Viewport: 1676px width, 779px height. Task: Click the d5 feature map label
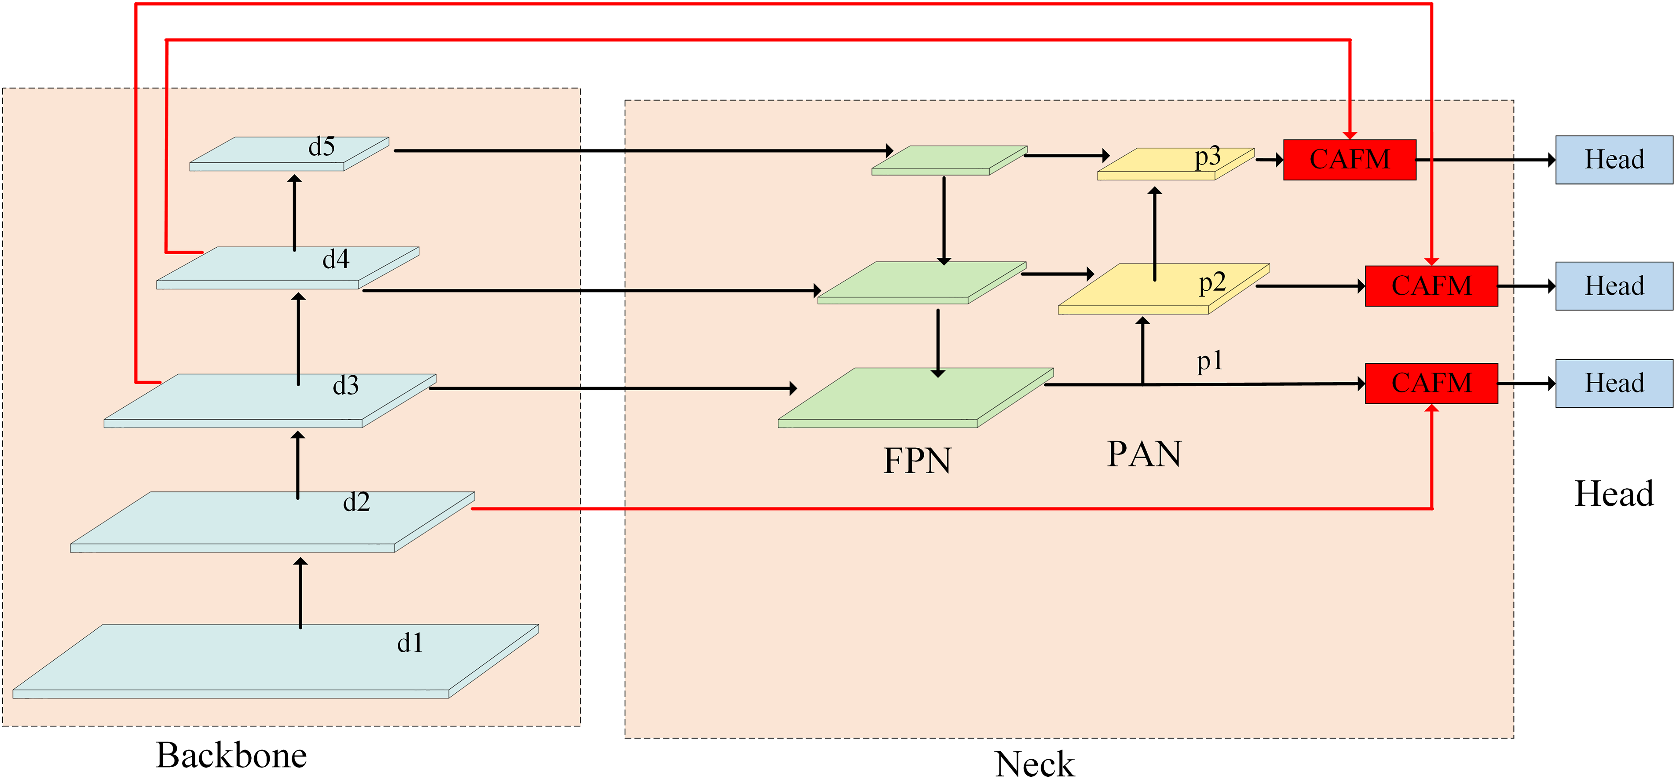coord(322,147)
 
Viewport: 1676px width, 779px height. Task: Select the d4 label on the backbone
coord(336,260)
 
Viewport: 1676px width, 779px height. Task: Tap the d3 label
coord(345,386)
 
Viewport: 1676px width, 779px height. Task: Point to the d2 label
coord(357,502)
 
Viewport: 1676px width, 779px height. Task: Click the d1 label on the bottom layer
coord(410,644)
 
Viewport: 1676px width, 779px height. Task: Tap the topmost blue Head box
coord(1614,159)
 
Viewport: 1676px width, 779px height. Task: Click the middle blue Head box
coord(1614,286)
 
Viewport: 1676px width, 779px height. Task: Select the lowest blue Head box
coord(1614,383)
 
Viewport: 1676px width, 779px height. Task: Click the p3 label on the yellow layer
coord(1208,157)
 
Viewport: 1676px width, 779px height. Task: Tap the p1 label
coord(1210,361)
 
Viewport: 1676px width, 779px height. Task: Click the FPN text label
coord(917,461)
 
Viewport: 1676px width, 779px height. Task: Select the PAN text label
coord(1144,454)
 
